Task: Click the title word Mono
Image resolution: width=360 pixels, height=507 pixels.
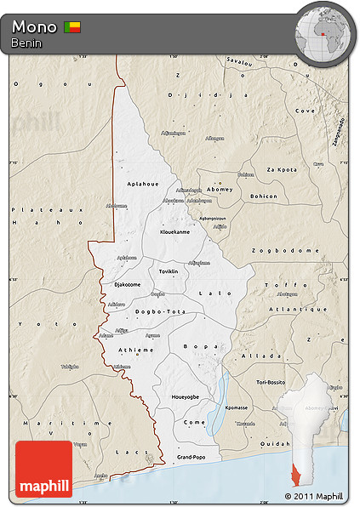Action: click(x=34, y=27)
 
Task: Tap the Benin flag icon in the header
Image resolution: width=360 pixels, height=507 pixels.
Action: click(x=73, y=27)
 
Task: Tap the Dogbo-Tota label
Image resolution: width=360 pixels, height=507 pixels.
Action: click(x=157, y=310)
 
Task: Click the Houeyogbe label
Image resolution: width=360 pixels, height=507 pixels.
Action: click(x=186, y=396)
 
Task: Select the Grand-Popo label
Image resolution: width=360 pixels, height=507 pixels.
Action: click(x=191, y=458)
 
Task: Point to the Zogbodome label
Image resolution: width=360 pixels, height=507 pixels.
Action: click(x=284, y=252)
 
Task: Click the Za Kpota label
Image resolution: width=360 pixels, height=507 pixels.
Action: click(x=282, y=169)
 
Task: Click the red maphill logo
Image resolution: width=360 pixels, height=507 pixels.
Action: click(x=43, y=469)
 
